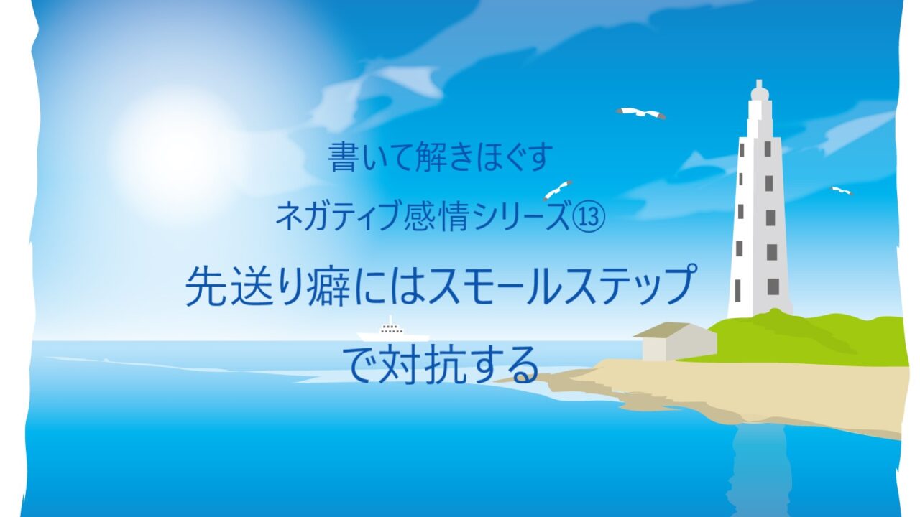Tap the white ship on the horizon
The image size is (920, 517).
coord(393,331)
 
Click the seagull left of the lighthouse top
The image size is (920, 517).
coord(640,113)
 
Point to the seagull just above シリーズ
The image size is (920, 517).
coord(557,190)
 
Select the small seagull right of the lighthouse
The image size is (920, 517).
coord(842,190)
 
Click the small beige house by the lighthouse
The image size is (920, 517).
coord(676,341)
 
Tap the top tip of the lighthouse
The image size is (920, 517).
coord(758,81)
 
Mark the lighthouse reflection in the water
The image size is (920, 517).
coord(760,472)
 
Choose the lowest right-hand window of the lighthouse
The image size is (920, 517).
coord(773,287)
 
